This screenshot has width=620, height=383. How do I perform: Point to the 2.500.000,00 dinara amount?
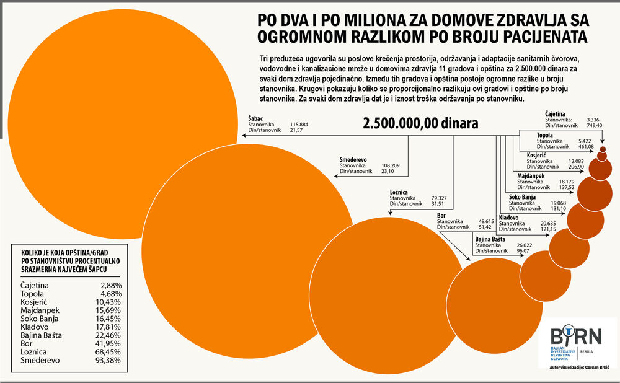[421, 123]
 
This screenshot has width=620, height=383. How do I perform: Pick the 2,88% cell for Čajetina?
[111, 285]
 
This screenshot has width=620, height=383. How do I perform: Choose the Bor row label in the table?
[27, 341]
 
